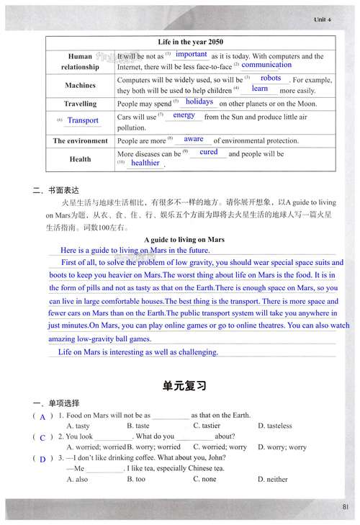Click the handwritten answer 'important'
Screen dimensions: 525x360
(x=192, y=54)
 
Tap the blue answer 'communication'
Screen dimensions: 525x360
(x=266, y=65)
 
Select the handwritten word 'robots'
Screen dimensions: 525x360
(x=271, y=78)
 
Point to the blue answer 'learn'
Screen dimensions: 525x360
(x=260, y=89)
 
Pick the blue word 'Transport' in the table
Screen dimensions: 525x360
(x=83, y=120)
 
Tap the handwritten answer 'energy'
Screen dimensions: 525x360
(x=184, y=115)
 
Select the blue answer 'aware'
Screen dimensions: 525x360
(x=194, y=138)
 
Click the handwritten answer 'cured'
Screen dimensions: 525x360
(x=209, y=152)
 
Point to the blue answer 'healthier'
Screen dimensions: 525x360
(x=145, y=163)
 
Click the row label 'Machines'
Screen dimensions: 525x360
(x=80, y=85)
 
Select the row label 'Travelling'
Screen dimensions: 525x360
(x=80, y=104)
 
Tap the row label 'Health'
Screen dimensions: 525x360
(x=80, y=158)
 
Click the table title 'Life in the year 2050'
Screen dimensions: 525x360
(x=191, y=42)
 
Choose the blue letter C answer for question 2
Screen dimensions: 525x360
(x=42, y=437)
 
